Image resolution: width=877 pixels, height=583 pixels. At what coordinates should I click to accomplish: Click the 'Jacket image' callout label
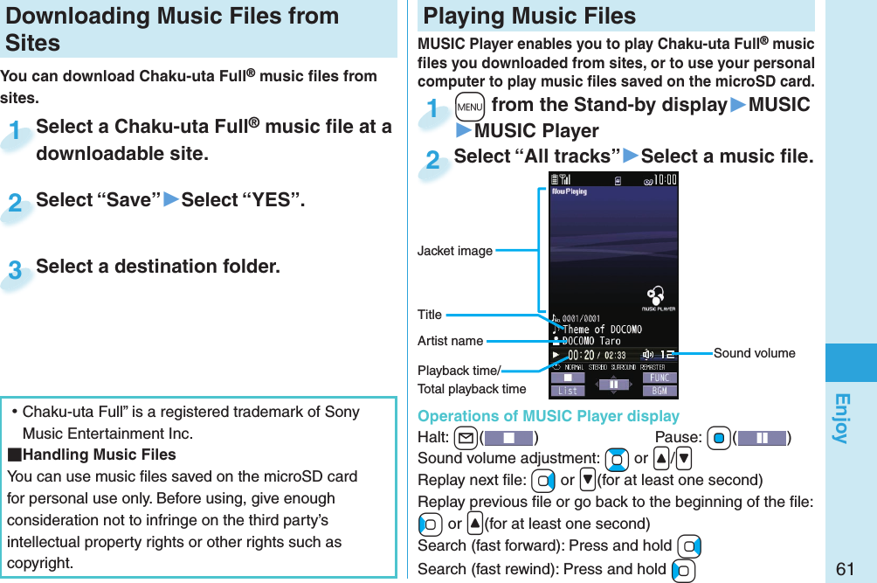click(454, 252)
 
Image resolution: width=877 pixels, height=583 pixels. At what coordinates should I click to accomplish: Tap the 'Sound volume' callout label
click(754, 353)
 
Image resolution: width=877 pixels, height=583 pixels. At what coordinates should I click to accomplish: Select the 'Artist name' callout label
click(450, 341)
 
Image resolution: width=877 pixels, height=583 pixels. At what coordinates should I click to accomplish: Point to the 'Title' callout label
click(430, 315)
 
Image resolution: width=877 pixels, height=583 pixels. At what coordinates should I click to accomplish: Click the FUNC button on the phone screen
click(659, 378)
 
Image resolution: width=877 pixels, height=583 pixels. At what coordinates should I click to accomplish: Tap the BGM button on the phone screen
click(659, 391)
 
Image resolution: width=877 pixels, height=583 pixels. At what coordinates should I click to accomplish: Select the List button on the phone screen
click(567, 391)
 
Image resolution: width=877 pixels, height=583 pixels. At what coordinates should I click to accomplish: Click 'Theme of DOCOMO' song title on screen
click(603, 330)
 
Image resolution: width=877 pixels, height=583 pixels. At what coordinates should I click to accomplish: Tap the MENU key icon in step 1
click(470, 106)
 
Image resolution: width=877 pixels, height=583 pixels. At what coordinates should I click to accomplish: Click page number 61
click(844, 568)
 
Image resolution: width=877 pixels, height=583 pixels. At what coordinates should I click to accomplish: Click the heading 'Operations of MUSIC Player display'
click(548, 416)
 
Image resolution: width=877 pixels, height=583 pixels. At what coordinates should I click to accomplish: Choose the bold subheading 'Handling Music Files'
click(98, 455)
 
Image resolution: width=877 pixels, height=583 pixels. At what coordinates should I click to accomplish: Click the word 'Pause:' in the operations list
click(678, 437)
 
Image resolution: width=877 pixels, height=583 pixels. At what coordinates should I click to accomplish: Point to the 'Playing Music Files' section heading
click(529, 16)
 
